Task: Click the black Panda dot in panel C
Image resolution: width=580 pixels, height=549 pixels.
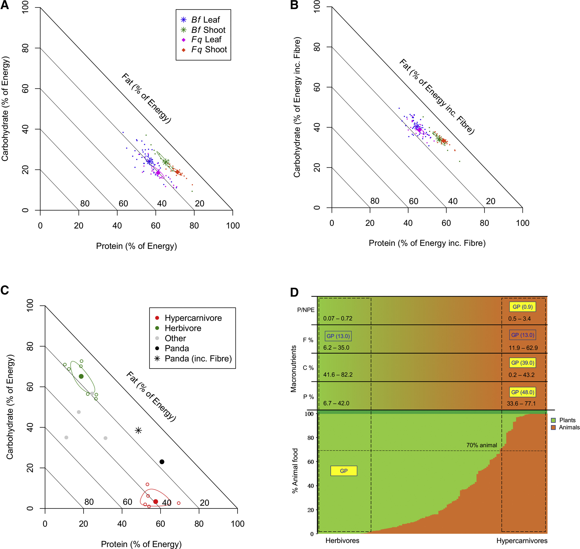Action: pyautogui.click(x=162, y=462)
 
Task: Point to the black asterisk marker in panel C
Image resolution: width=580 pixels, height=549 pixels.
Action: pyautogui.click(x=138, y=430)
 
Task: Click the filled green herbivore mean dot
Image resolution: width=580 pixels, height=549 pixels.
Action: pyautogui.click(x=81, y=376)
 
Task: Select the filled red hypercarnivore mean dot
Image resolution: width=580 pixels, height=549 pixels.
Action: pyautogui.click(x=156, y=502)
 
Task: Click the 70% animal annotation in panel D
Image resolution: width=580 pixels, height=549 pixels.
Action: pyautogui.click(x=481, y=445)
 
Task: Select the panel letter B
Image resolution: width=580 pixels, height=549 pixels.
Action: pyautogui.click(x=294, y=5)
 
